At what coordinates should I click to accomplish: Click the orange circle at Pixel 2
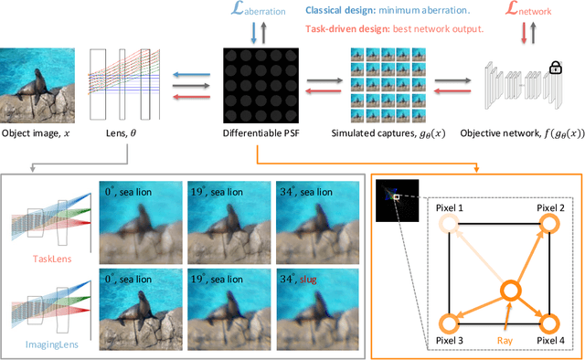[548, 224]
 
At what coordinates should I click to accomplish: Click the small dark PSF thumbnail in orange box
[394, 194]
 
